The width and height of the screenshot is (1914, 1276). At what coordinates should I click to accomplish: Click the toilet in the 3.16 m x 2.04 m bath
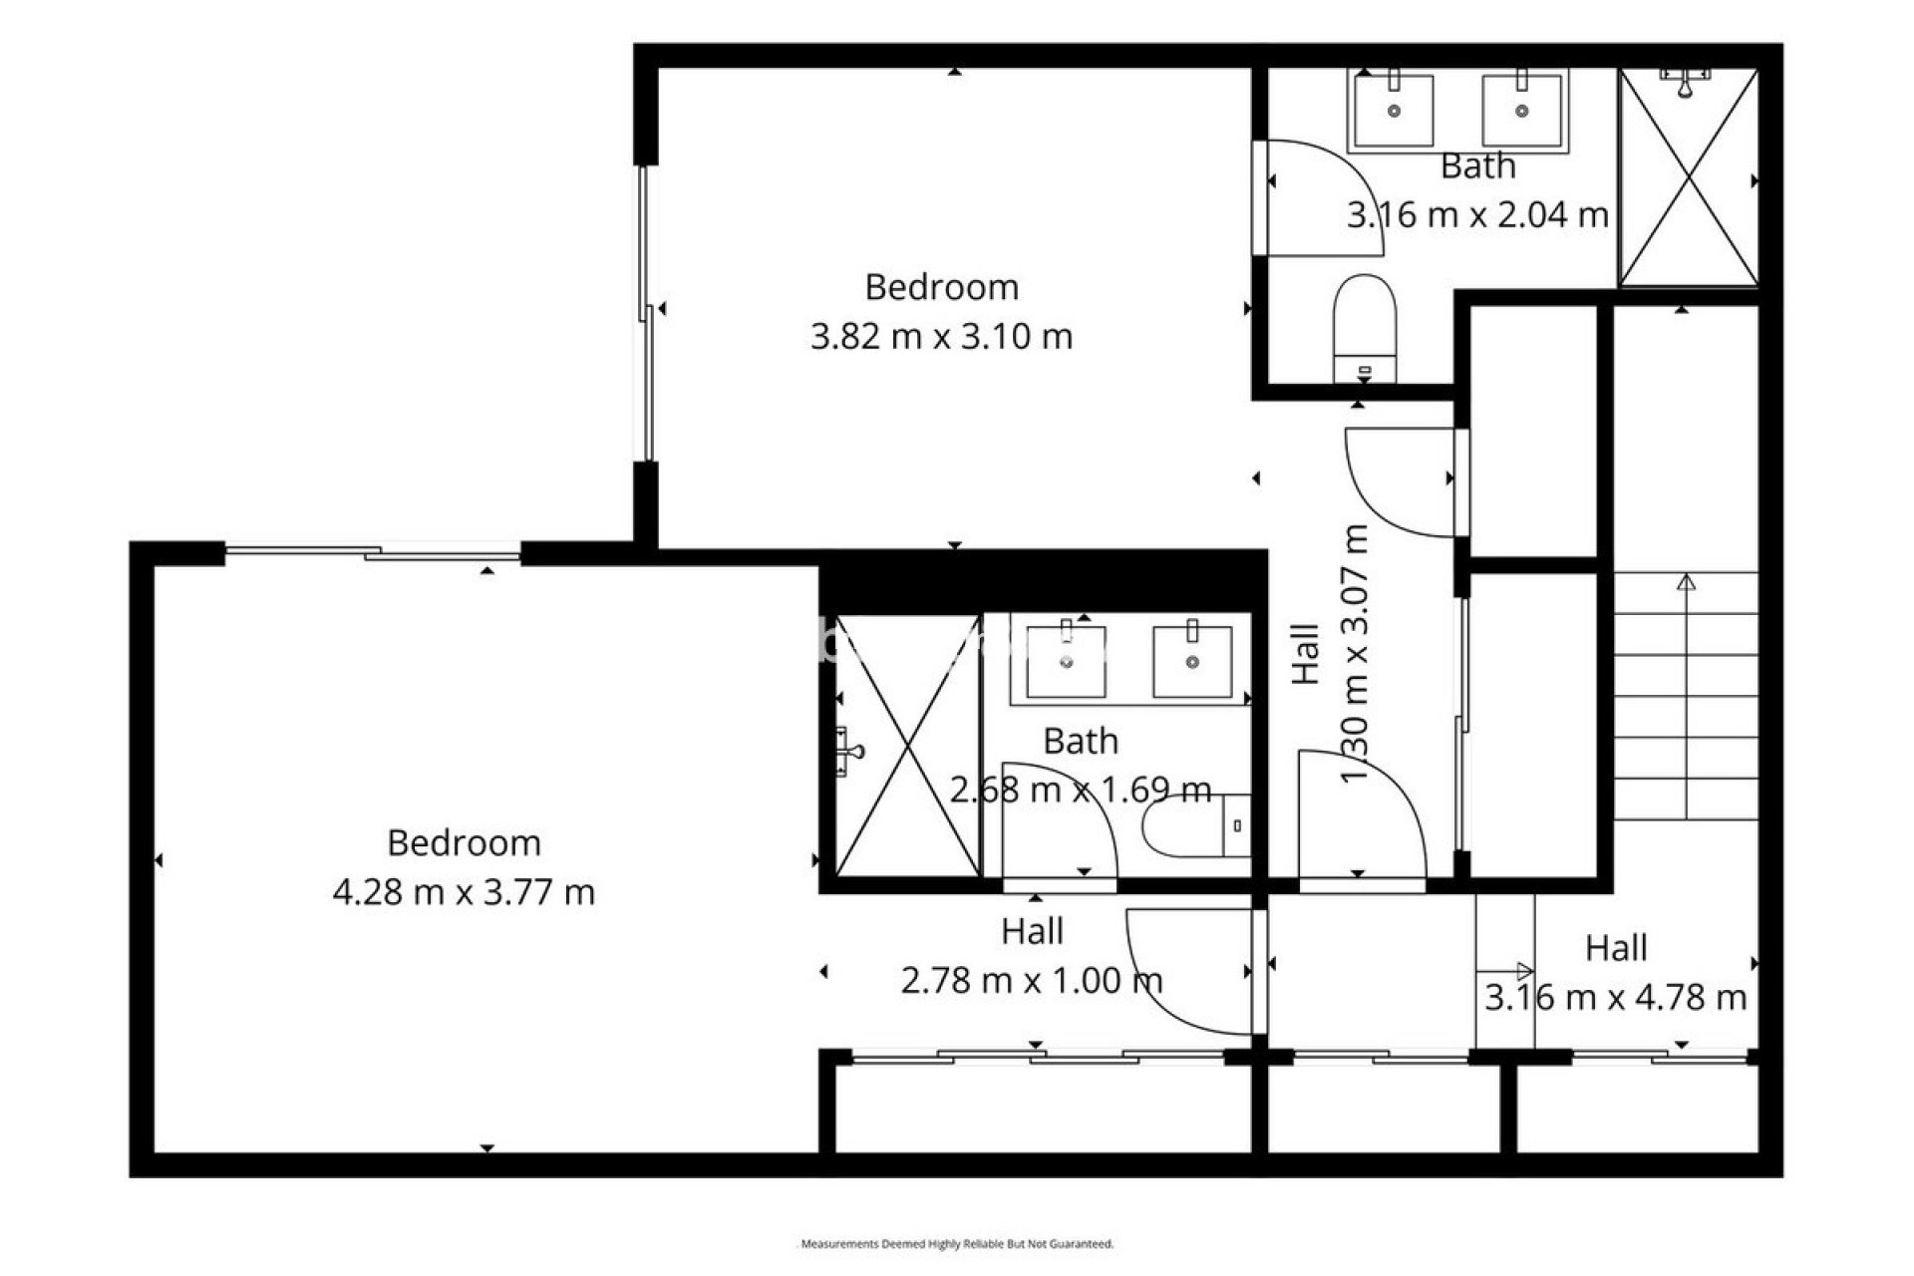pos(1365,324)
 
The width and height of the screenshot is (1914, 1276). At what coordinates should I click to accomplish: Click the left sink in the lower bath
pos(1066,660)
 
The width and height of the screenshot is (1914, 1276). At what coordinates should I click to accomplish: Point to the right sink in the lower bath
pos(1192,660)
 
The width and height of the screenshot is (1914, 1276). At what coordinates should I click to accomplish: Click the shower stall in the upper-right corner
pos(1688,177)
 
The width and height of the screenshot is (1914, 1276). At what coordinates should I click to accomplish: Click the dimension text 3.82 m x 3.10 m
pos(941,337)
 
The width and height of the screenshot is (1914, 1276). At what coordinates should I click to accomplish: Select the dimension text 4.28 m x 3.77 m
pos(464,892)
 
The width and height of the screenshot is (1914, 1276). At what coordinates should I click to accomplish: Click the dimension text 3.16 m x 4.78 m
pos(1615,997)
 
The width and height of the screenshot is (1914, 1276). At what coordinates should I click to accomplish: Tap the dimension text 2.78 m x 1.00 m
pos(1032,981)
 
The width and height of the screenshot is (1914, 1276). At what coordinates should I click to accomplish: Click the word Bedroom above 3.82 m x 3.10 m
pos(941,287)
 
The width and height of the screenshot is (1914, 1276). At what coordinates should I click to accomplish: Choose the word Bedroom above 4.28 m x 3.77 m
pos(464,843)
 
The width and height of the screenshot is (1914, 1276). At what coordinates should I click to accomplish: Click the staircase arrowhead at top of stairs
pos(1686,582)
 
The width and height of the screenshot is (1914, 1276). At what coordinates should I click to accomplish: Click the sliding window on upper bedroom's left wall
pos(646,314)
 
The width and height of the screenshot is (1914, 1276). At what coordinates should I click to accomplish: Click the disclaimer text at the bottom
pos(957,1244)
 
